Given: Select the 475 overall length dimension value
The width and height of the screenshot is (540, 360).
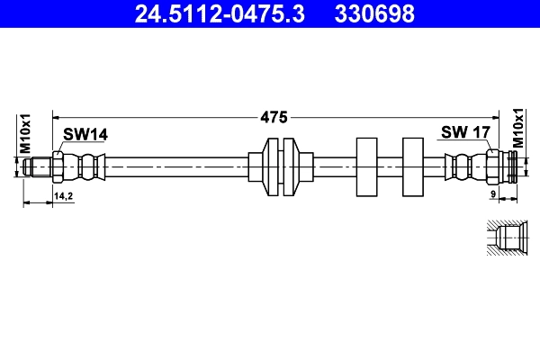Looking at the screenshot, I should tap(274, 117).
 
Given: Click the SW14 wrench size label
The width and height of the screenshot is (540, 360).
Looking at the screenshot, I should tap(85, 134).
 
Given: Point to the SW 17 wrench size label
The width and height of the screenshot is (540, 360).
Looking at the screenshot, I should tap(464, 132).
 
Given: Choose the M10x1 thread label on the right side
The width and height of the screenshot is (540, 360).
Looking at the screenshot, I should tap(517, 129).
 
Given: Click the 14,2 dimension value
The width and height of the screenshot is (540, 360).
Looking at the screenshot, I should tap(64, 194).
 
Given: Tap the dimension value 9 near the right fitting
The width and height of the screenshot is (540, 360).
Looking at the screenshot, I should tap(494, 194).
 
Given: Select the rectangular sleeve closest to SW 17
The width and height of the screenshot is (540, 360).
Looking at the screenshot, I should tap(412, 167).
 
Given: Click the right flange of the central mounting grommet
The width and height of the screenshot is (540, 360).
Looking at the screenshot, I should tap(290, 167).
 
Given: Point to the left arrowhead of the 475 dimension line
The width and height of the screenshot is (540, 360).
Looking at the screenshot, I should tap(57, 116).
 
